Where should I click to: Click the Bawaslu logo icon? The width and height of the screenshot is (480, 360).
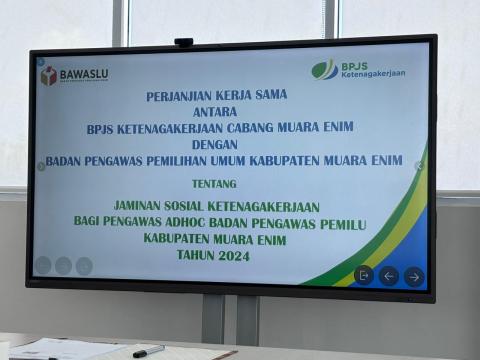tap(48, 75)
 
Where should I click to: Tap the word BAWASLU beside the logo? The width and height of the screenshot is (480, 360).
tap(83, 74)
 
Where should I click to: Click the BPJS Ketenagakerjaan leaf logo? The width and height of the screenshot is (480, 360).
tap(324, 69)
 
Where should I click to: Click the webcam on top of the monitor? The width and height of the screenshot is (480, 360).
tap(183, 43)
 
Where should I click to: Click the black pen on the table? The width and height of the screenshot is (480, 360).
tap(148, 351)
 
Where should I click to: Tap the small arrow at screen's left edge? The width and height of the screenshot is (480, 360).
tap(41, 167)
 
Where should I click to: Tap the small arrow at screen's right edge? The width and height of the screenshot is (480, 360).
tap(419, 166)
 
